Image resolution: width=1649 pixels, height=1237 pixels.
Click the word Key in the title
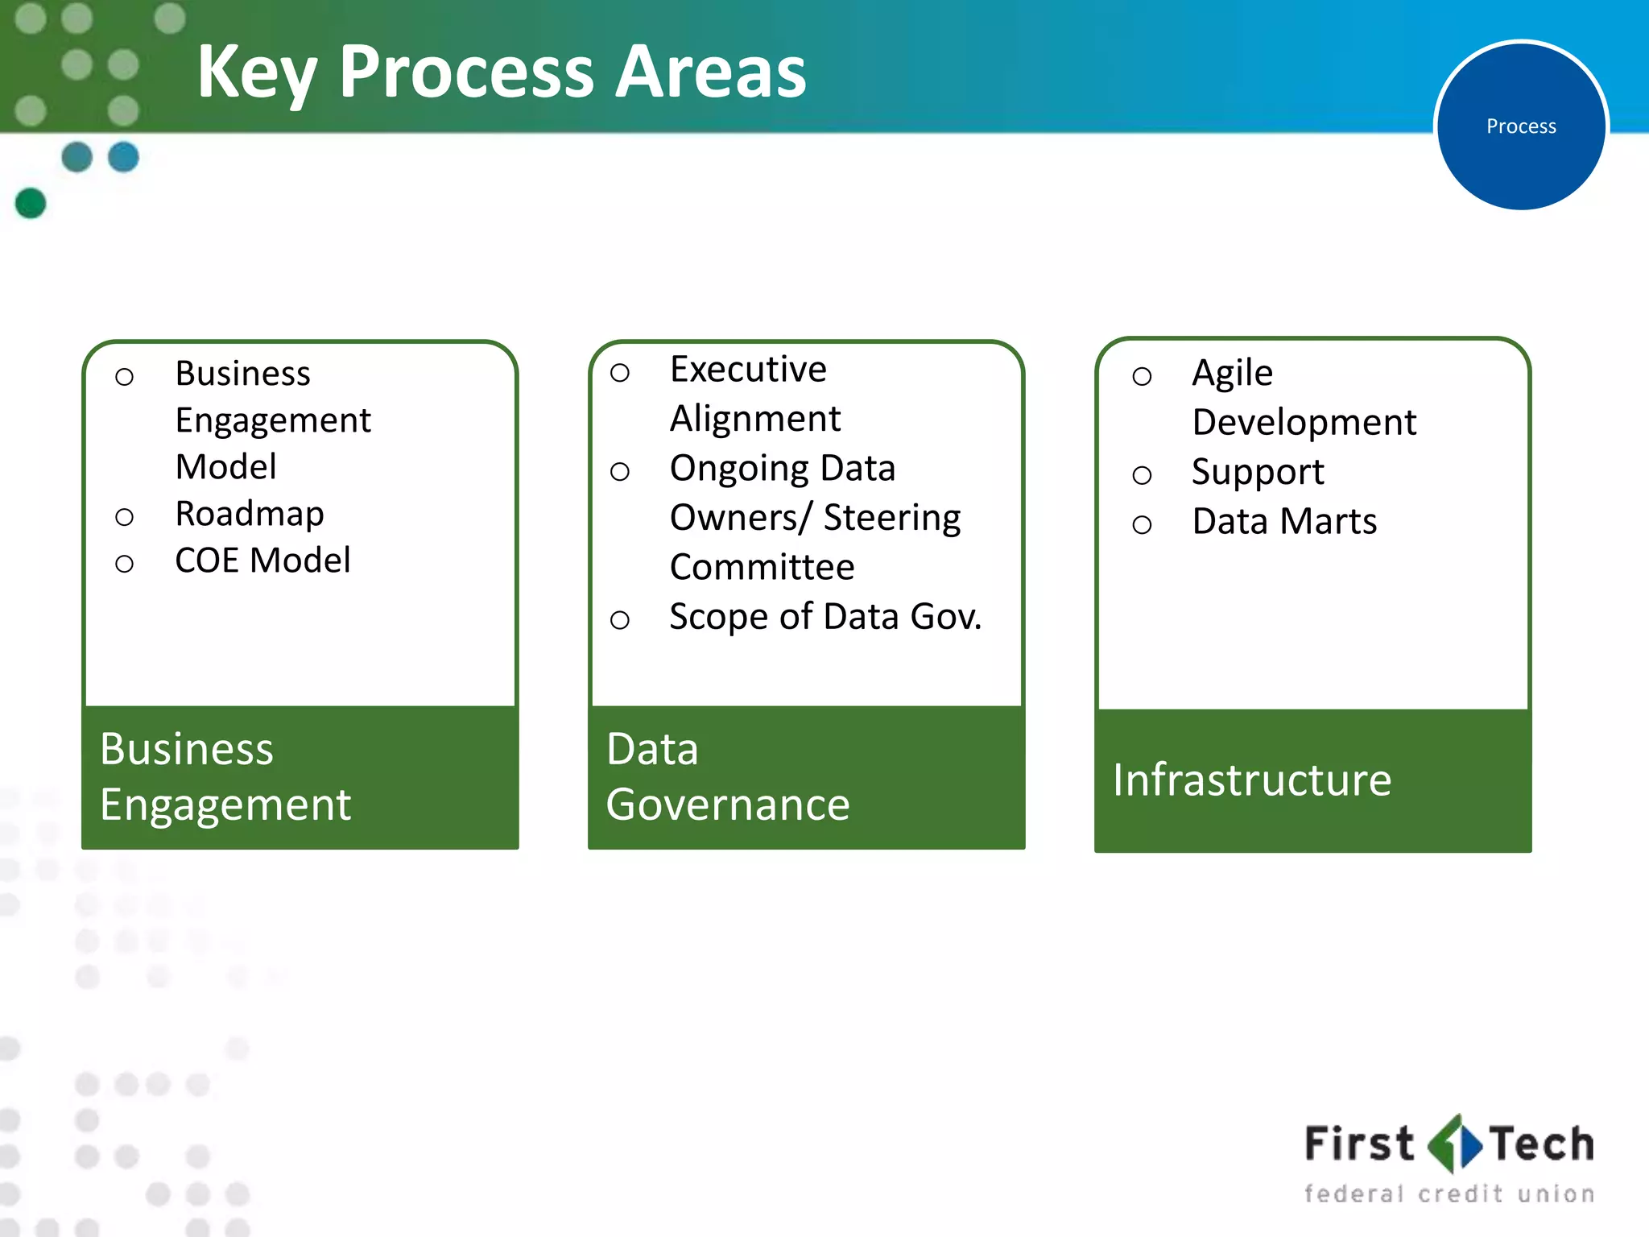[x=256, y=72]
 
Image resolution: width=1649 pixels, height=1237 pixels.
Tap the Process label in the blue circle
[x=1520, y=126]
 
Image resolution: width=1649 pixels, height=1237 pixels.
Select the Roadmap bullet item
[x=250, y=514]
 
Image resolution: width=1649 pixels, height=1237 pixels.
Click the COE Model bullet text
[x=262, y=561]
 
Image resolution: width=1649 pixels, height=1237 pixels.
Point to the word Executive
[x=748, y=370]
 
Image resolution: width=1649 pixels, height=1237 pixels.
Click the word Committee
[x=762, y=567]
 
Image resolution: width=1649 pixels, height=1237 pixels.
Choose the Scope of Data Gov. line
[x=825, y=617]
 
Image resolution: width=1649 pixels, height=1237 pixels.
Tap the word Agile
[x=1232, y=374]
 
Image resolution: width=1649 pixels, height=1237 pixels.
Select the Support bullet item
[x=1258, y=472]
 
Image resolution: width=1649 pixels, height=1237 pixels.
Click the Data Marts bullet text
[x=1284, y=522]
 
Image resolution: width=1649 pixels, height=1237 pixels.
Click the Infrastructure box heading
[x=1252, y=780]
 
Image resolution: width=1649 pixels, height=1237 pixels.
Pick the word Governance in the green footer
[x=728, y=805]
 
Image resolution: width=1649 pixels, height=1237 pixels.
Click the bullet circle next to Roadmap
[x=124, y=517]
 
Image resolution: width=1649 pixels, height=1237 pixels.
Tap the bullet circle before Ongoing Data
[x=619, y=472]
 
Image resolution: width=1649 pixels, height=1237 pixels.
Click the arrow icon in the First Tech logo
[x=1453, y=1144]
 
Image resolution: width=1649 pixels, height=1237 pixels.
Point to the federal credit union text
[x=1449, y=1194]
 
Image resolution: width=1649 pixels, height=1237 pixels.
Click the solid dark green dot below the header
[x=31, y=203]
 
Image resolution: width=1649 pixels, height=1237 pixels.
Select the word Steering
[x=892, y=518]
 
